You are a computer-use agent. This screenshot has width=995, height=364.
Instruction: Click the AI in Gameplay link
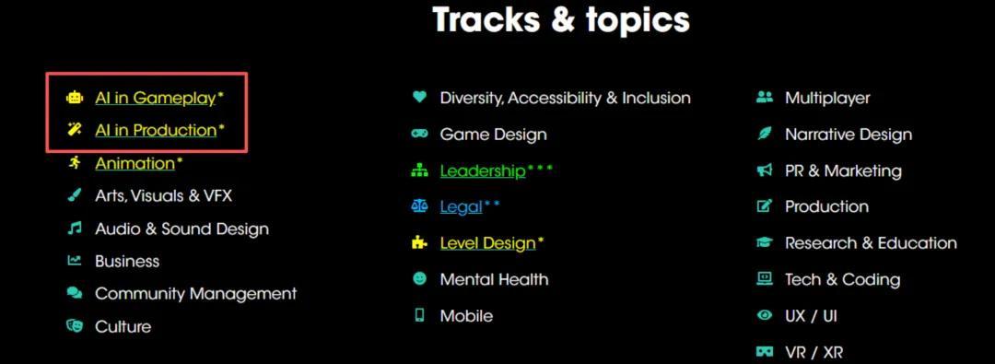pyautogui.click(x=156, y=98)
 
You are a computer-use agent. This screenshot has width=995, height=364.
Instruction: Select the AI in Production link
pyautogui.click(x=156, y=130)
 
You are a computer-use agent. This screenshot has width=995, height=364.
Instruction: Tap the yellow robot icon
pyautogui.click(x=75, y=98)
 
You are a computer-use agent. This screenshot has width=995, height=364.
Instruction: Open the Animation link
pyautogui.click(x=135, y=163)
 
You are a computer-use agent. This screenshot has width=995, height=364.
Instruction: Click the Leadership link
pyautogui.click(x=483, y=170)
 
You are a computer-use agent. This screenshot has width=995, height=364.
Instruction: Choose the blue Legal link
pyautogui.click(x=462, y=207)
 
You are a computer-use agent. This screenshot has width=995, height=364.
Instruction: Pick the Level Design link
pyautogui.click(x=488, y=243)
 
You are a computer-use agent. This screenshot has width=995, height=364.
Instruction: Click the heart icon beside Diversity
pyautogui.click(x=419, y=97)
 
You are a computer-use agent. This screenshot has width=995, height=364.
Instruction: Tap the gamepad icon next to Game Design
pyautogui.click(x=419, y=134)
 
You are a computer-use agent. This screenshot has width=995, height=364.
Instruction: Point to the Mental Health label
pyautogui.click(x=495, y=279)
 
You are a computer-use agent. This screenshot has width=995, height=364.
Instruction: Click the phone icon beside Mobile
pyautogui.click(x=419, y=315)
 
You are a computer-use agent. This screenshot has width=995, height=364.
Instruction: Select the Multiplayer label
pyautogui.click(x=827, y=99)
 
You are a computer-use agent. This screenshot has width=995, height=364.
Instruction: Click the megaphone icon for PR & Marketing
pyautogui.click(x=765, y=170)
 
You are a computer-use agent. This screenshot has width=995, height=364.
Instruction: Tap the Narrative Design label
pyautogui.click(x=849, y=135)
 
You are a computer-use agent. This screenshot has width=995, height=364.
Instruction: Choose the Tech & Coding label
pyautogui.click(x=843, y=279)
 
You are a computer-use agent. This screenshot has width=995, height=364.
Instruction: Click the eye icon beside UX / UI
pyautogui.click(x=765, y=314)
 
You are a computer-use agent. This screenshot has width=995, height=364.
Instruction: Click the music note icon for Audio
pyautogui.click(x=75, y=228)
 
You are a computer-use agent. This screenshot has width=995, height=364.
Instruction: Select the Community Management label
pyautogui.click(x=196, y=294)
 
